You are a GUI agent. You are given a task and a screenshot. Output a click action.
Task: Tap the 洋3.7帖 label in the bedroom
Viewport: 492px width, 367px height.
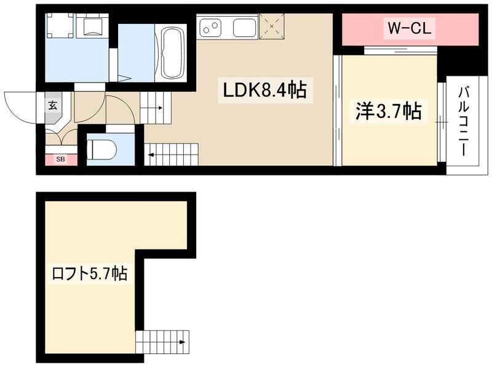coord(387,111)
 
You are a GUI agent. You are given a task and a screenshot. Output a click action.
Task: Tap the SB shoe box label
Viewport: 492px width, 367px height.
coord(60,160)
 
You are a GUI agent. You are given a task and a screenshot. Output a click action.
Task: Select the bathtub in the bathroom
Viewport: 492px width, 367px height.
coord(172,53)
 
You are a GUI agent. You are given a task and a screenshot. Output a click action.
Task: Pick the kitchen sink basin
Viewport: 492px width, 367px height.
coord(244,28)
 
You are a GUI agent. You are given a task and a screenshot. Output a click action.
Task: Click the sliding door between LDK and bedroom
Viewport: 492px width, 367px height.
coord(337,111)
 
